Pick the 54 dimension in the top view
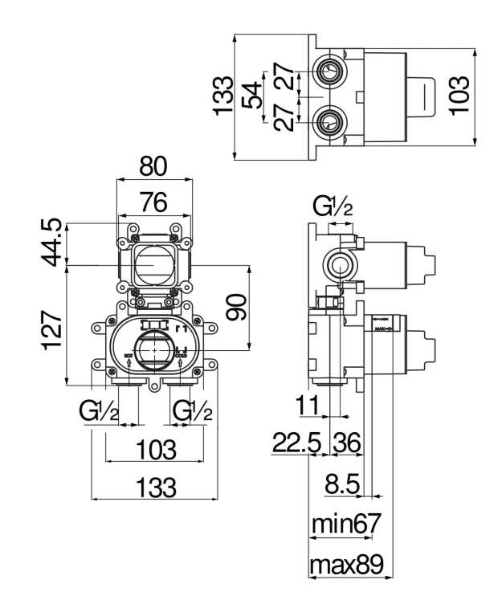coord(252,96)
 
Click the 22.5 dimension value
coord(296,443)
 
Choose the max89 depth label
coord(348,565)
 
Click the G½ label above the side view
coord(333,208)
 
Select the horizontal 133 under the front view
coord(154,487)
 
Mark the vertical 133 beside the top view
coord(224,96)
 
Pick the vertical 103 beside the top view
coord(459,96)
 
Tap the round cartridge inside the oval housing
coord(153,351)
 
